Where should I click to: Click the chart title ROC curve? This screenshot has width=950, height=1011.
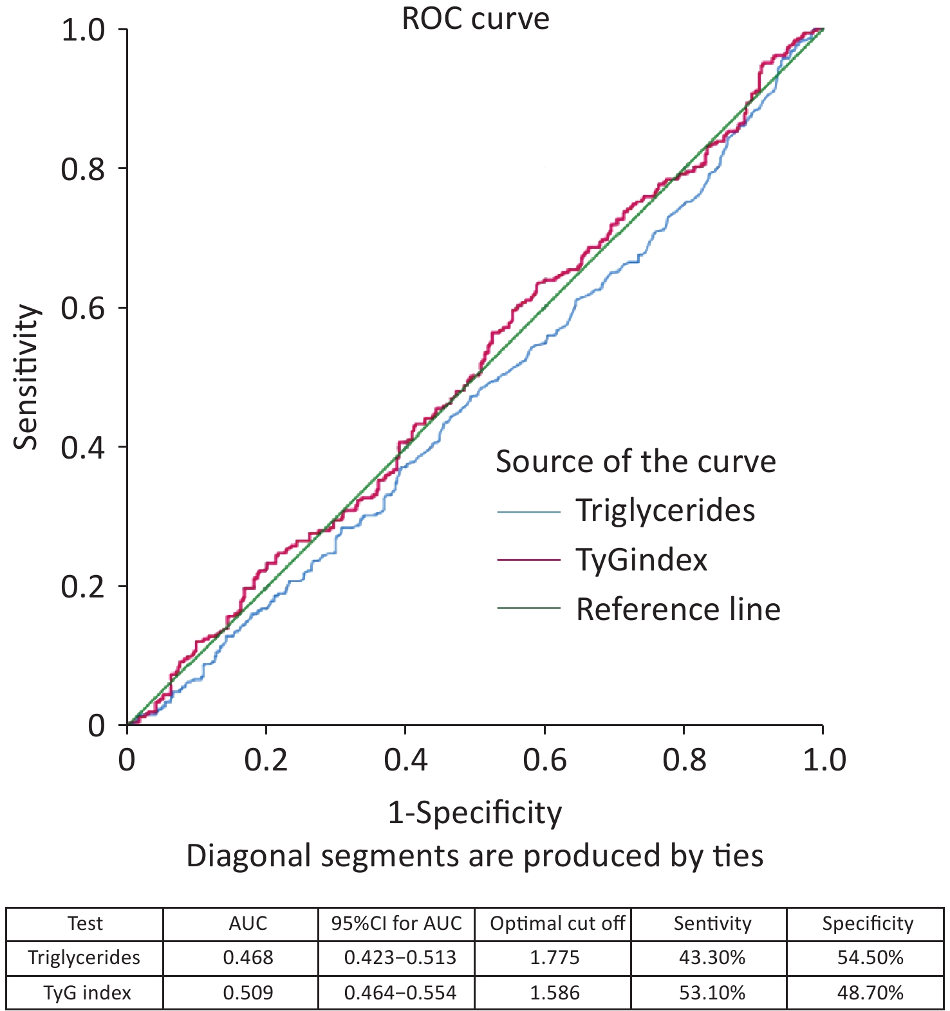[476, 18]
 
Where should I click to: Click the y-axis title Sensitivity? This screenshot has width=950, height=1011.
[27, 377]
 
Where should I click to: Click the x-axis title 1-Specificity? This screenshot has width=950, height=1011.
[474, 813]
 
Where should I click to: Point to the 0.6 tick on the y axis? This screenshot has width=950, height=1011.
[83, 308]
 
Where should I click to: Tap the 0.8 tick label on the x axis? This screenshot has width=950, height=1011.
[684, 760]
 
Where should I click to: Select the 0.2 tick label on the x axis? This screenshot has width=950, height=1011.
[266, 760]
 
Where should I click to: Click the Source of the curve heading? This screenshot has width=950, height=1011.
[636, 462]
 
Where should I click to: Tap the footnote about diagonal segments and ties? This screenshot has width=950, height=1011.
[474, 856]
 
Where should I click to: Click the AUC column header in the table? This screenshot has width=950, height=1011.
[248, 924]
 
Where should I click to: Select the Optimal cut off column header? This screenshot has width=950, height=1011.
[557, 924]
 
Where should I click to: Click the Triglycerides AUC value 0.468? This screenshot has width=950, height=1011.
[248, 958]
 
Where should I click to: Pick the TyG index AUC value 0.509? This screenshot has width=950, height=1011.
[248, 992]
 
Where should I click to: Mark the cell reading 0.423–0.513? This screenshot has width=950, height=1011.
[400, 958]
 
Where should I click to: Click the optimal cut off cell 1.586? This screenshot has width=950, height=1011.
[554, 992]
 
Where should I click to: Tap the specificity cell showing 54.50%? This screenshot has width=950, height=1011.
[870, 958]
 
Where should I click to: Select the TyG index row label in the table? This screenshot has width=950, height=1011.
[87, 992]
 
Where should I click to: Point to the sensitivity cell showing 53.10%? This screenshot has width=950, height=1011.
[712, 992]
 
